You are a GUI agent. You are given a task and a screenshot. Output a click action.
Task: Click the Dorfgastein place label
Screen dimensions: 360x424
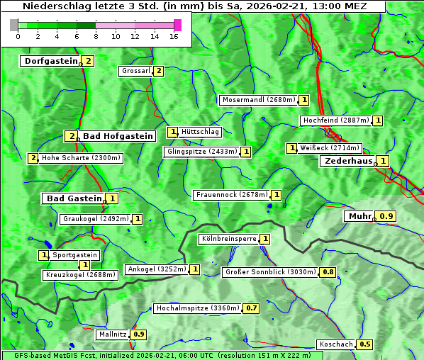(50, 61)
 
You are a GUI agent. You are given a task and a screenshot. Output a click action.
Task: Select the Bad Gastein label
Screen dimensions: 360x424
(74, 198)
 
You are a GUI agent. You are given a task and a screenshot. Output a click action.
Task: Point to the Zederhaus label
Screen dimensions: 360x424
(348, 161)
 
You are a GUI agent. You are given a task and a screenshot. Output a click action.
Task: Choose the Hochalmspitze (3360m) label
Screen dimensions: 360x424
(198, 308)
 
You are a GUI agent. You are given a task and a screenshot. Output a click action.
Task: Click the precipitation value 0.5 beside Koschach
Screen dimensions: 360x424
(365, 344)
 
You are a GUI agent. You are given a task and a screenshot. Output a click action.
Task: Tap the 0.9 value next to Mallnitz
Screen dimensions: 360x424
(139, 334)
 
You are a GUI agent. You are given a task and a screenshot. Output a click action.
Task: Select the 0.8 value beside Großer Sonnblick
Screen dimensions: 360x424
(328, 272)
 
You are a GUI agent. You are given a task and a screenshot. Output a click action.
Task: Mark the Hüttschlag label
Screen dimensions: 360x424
(201, 132)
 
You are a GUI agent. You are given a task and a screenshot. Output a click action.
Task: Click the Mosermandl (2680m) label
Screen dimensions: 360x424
(258, 100)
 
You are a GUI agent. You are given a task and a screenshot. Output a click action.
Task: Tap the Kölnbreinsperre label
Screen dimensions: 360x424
(228, 239)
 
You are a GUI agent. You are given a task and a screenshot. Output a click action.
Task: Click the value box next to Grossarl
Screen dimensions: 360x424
(159, 71)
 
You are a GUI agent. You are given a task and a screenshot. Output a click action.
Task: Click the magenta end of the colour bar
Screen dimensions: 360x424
(177, 25)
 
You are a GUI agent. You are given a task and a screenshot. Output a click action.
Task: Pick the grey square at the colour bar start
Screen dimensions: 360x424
(14, 25)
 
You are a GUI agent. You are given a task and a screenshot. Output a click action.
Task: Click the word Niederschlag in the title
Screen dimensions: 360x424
(52, 6)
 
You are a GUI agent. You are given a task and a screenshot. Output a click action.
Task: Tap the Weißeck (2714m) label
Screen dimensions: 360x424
(330, 148)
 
